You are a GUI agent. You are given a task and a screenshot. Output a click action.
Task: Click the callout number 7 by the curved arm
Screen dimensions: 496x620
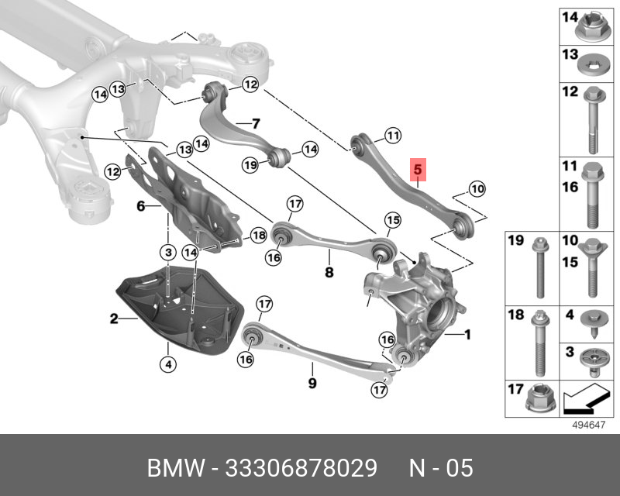[255, 123]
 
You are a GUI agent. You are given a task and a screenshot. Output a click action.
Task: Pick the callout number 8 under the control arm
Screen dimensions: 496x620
[329, 272]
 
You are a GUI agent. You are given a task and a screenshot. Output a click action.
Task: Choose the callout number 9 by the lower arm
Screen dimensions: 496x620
[312, 382]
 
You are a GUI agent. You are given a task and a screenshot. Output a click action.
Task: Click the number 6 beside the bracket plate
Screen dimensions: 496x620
[140, 206]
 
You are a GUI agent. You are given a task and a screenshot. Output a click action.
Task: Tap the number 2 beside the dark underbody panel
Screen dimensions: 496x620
[113, 318]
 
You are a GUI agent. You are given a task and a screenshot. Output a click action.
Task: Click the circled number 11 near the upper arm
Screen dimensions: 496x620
[392, 136]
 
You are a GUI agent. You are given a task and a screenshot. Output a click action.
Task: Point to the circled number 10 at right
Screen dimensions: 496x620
[476, 188]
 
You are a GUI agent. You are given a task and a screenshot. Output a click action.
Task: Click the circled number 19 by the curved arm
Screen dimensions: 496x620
[250, 164]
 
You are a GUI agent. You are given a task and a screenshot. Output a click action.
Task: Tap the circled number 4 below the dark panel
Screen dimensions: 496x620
[167, 363]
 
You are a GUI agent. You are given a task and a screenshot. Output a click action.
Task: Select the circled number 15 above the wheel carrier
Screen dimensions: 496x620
[393, 221]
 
